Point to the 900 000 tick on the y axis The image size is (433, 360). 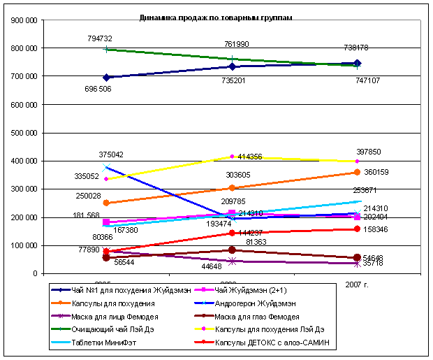[24, 21]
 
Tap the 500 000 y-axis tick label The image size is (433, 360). [24, 133]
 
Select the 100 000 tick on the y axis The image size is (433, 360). [24, 245]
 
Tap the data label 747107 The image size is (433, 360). [368, 80]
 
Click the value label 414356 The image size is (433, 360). [249, 157]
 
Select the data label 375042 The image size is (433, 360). [111, 155]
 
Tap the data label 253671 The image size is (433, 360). [367, 190]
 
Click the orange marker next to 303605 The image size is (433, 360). [233, 188]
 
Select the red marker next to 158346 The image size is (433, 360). [358, 229]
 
